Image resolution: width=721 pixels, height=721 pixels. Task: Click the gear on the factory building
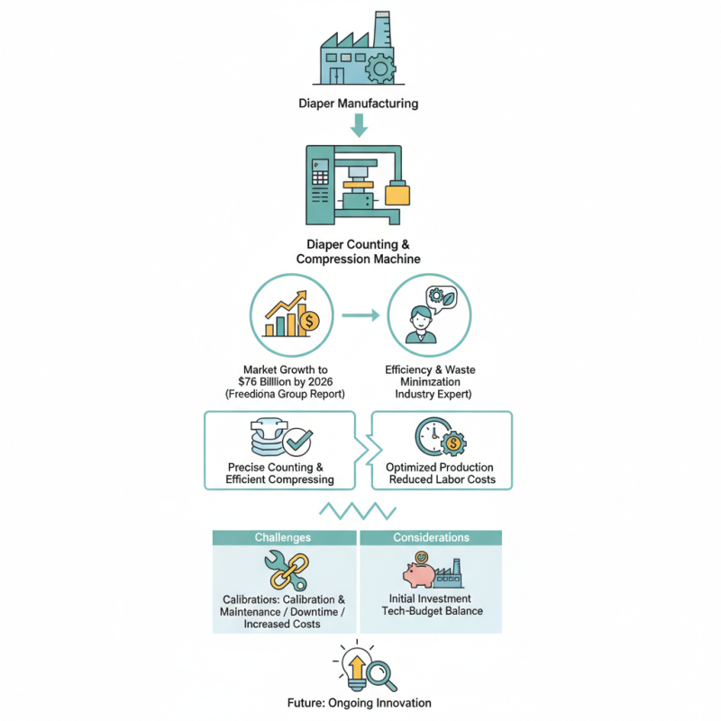380,68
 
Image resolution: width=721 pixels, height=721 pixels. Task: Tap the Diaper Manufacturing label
358,104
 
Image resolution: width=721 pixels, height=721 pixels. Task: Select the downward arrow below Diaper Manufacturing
359,125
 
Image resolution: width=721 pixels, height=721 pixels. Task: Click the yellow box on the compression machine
397,194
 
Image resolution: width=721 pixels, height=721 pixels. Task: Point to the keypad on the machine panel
321,178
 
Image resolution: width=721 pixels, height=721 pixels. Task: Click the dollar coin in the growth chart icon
309,321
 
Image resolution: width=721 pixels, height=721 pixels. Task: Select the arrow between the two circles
361,315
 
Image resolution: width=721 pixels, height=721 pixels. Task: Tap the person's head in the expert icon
421,318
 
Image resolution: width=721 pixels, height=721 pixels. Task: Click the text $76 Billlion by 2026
285,381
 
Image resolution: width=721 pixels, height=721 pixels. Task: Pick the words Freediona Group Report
285,394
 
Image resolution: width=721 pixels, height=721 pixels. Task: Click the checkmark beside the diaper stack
297,441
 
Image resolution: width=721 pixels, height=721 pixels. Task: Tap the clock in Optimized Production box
433,436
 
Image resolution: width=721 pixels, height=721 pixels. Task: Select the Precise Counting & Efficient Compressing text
279,473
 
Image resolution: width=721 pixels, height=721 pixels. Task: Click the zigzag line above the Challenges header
358,511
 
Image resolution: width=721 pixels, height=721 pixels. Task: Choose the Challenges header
283,537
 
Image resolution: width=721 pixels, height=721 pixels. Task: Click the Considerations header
432,537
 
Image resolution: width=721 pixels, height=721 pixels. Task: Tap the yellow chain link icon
289,571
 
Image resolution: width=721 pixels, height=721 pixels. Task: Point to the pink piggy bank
419,575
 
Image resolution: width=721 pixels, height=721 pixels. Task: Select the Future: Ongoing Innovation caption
359,703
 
